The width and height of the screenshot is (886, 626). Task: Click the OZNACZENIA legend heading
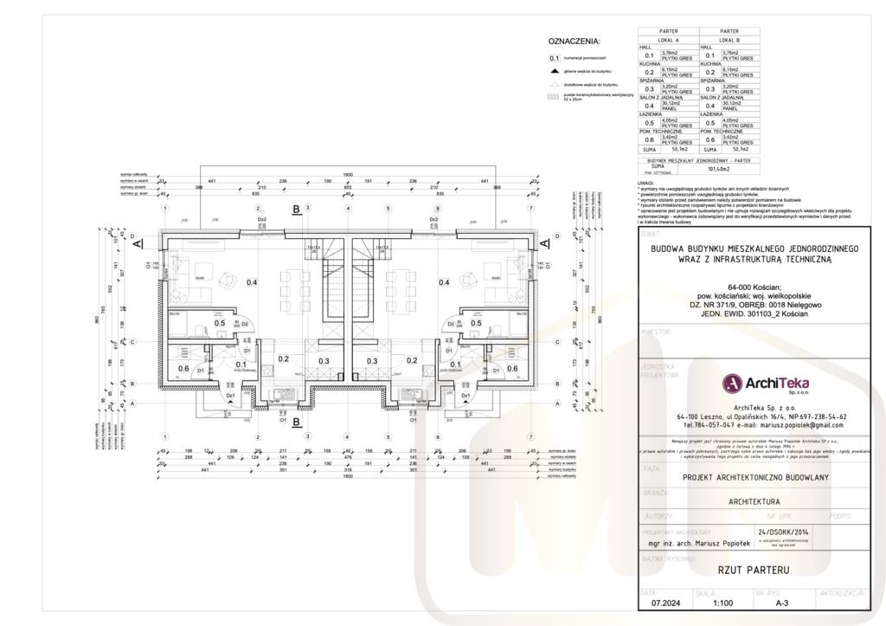pyautogui.click(x=574, y=41)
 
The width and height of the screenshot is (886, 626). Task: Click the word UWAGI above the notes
pyautogui.click(x=645, y=183)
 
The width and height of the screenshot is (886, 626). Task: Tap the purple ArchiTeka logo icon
pyautogui.click(x=732, y=381)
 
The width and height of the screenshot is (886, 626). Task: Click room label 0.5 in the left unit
pyautogui.click(x=219, y=323)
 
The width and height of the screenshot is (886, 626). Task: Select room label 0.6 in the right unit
pyautogui.click(x=511, y=368)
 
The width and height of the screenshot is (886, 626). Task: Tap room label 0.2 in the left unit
pyautogui.click(x=283, y=359)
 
